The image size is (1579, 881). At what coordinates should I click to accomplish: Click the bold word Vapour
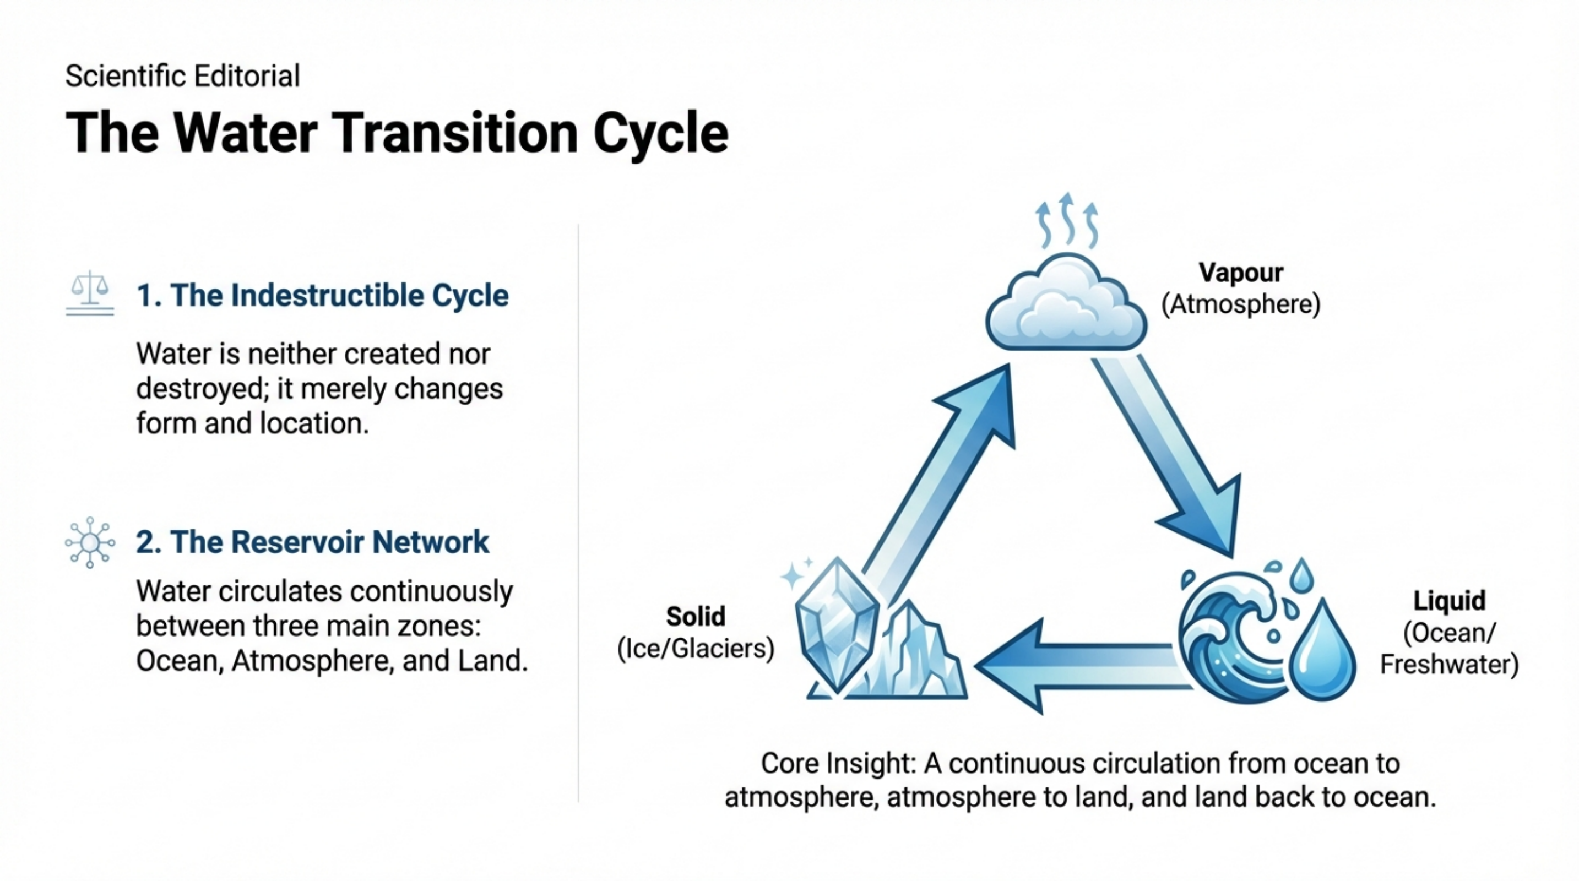pyautogui.click(x=1241, y=273)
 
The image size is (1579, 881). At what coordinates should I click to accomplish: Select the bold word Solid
pyautogui.click(x=696, y=616)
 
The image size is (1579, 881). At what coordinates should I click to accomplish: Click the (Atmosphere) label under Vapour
pyautogui.click(x=1241, y=304)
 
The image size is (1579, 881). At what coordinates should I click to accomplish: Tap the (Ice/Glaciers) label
pyautogui.click(x=696, y=649)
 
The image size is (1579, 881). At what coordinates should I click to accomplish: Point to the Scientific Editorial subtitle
pyautogui.click(x=183, y=76)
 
